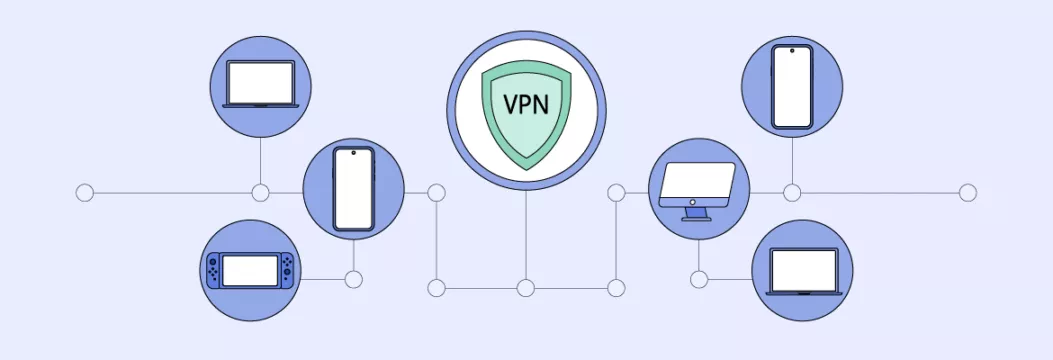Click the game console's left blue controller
[212, 270]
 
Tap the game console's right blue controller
[288, 270]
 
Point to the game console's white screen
[250, 270]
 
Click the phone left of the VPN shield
[353, 189]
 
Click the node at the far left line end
[85, 192]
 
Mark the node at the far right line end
[967, 192]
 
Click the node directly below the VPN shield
[526, 288]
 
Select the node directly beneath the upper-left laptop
[261, 192]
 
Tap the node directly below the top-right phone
[792, 192]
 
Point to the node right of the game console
[353, 279]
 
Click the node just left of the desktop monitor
[616, 192]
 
